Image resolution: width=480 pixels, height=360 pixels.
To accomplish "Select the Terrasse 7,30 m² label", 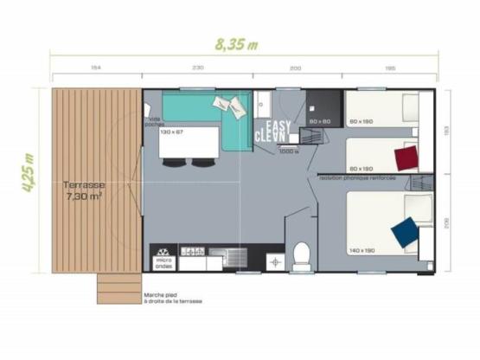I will pos(85,190).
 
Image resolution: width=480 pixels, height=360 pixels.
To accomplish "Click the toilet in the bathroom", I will pos(302,254).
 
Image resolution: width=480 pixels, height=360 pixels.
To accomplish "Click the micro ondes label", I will pos(163,262).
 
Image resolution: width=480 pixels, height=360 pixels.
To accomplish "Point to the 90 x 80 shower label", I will pos(320,121).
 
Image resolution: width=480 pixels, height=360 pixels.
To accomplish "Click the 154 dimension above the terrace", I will pos(96,67).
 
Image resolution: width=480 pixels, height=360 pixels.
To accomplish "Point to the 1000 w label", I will pos(288,151).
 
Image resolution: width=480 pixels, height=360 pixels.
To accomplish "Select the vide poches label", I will pos(154,121).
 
